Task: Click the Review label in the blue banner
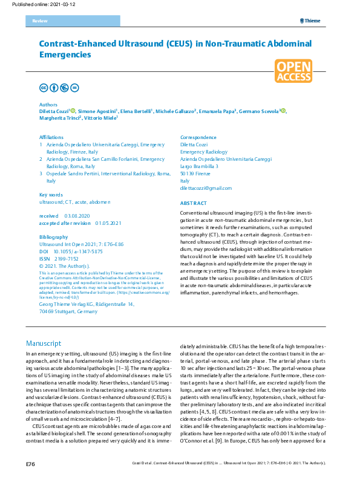pyautogui.click(x=39, y=21)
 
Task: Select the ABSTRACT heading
pyautogui.click(x=194, y=203)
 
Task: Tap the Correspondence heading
pyautogui.click(x=198, y=138)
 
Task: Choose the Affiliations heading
pyautogui.click(x=51, y=138)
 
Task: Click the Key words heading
pyautogui.click(x=51, y=195)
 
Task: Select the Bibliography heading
pyautogui.click(x=53, y=237)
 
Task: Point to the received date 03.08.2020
pyautogui.click(x=77, y=216)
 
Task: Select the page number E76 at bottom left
pyautogui.click(x=30, y=464)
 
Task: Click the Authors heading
pyautogui.click(x=48, y=104)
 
